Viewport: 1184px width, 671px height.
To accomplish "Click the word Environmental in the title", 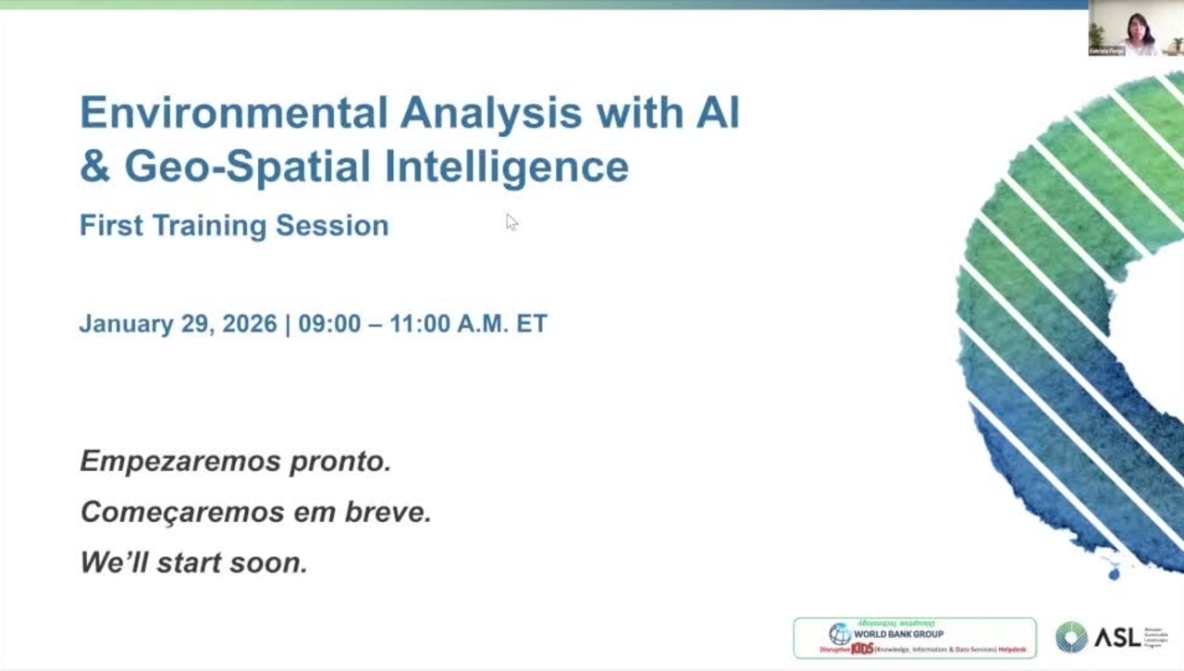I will coord(233,113).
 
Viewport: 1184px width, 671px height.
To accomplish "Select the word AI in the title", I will coord(717,113).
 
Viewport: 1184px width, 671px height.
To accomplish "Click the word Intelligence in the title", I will coord(507,167).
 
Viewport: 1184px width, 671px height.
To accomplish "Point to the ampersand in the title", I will coord(94,167).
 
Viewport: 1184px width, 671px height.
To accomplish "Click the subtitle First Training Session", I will coord(234,226).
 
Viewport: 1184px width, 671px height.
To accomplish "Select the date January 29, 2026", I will coord(178,324).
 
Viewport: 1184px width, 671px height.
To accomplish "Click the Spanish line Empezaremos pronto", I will coord(236,461).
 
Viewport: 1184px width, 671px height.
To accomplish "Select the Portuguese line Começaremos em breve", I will coord(256,512).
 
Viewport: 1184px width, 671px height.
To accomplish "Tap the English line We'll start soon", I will coord(193,562).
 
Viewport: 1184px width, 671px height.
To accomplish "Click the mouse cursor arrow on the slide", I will coord(511,221).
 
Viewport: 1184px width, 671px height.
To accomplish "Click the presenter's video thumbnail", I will coord(1135,29).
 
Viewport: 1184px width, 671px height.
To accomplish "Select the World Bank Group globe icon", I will coord(840,634).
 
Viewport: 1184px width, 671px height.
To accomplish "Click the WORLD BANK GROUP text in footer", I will coord(898,634).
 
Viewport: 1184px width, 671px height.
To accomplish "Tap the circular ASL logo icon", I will coord(1071,637).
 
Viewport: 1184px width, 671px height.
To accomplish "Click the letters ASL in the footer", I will coord(1117,637).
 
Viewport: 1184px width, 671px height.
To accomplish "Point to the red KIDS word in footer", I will coord(862,649).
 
